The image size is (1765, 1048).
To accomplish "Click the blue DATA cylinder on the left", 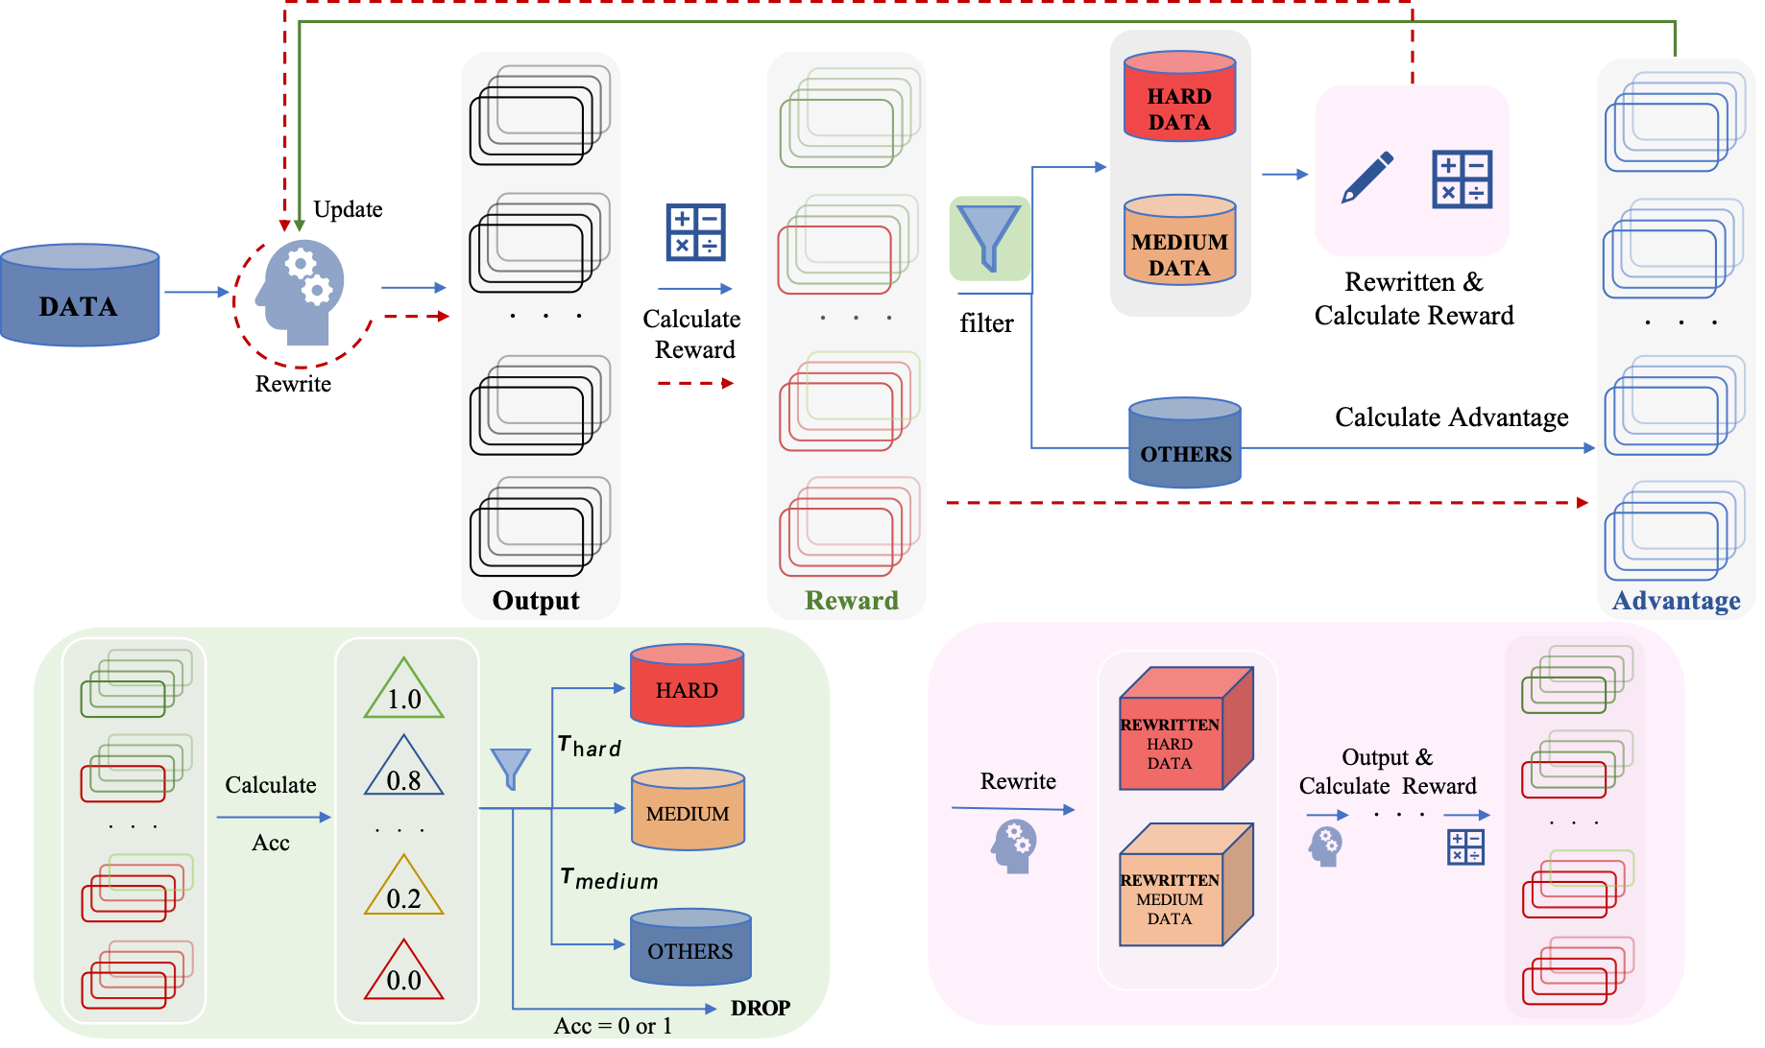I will tap(80, 296).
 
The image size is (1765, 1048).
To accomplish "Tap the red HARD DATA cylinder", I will tap(1179, 98).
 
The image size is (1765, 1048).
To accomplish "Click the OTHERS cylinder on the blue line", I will tap(1185, 444).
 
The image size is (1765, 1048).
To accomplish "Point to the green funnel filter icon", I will tap(989, 238).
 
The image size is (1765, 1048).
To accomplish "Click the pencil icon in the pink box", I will tap(1367, 178).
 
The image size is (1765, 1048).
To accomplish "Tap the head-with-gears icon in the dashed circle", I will tap(301, 292).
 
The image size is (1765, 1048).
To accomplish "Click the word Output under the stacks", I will tap(536, 601).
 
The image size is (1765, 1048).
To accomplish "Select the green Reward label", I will tap(852, 601).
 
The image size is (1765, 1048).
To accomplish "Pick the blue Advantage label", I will tap(1676, 601).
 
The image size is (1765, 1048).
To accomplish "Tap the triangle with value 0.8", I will tap(404, 770).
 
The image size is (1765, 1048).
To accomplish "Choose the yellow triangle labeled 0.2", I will tap(404, 889).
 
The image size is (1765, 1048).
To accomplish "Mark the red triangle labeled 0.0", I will tap(404, 972).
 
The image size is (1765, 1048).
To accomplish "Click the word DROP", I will tap(761, 1008).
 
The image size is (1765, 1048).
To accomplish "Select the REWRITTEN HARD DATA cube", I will tap(1186, 729).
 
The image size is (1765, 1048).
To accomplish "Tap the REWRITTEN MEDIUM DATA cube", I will tap(1186, 885).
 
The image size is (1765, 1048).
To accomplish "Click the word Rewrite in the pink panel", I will tap(1018, 781).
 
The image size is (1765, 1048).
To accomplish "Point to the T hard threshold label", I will tap(590, 747).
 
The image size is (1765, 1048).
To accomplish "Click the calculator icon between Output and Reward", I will tap(696, 232).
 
